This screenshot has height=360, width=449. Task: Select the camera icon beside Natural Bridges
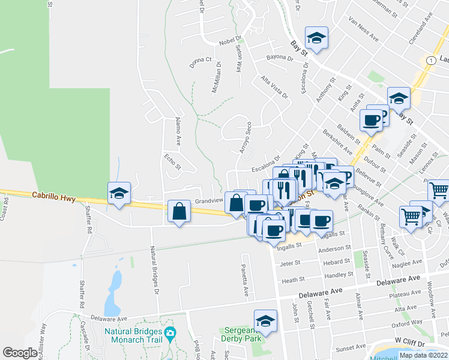click(x=170, y=333)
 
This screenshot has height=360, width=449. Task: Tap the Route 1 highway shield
click(x=430, y=60)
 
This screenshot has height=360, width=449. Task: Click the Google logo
click(x=20, y=353)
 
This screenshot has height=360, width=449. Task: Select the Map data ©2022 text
click(x=423, y=355)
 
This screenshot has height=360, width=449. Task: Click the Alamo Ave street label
click(x=178, y=131)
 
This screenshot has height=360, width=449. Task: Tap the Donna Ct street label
click(x=200, y=61)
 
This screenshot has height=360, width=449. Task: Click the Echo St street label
click(x=172, y=162)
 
